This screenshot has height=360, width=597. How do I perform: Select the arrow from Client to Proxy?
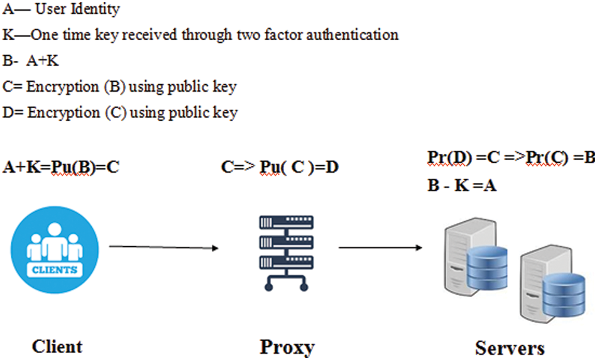(163, 248)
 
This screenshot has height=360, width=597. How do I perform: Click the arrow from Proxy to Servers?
(380, 248)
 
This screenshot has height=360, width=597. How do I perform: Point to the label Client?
(57, 346)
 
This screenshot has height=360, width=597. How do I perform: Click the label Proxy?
(287, 347)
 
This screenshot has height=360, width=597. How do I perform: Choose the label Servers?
(510, 347)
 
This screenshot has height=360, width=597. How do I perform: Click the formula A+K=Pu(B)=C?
(61, 168)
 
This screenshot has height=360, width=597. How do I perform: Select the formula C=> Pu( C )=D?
(280, 168)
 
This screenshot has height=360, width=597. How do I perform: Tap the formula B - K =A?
(461, 187)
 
